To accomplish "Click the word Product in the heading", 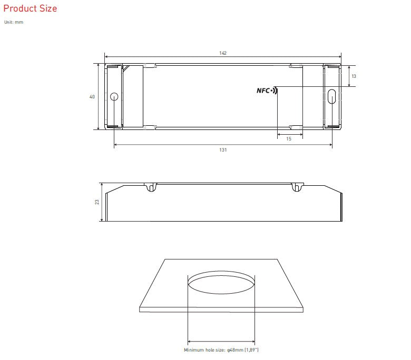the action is click(20, 8).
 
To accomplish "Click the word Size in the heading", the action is click(48, 8).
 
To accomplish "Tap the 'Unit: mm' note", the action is click(14, 22).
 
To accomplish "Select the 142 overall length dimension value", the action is click(223, 53).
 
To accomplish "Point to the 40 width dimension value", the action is click(92, 97).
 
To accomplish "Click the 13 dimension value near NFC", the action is click(354, 76).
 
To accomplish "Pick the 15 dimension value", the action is click(289, 139).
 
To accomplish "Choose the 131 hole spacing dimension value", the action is click(223, 150).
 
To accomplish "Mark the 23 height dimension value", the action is click(97, 202).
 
